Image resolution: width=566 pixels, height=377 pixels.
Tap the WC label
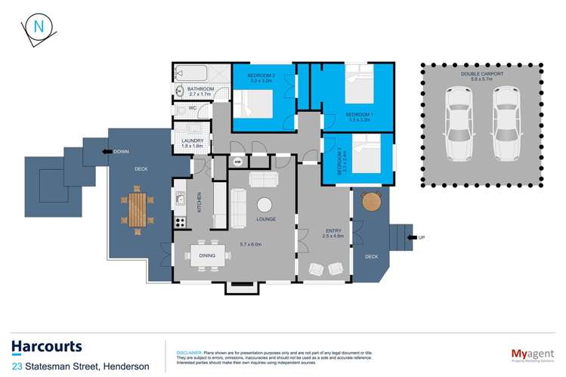pos(193,108)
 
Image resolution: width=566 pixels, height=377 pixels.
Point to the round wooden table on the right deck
pos(372,202)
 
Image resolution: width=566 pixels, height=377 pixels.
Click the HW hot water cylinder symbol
pos(237,162)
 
